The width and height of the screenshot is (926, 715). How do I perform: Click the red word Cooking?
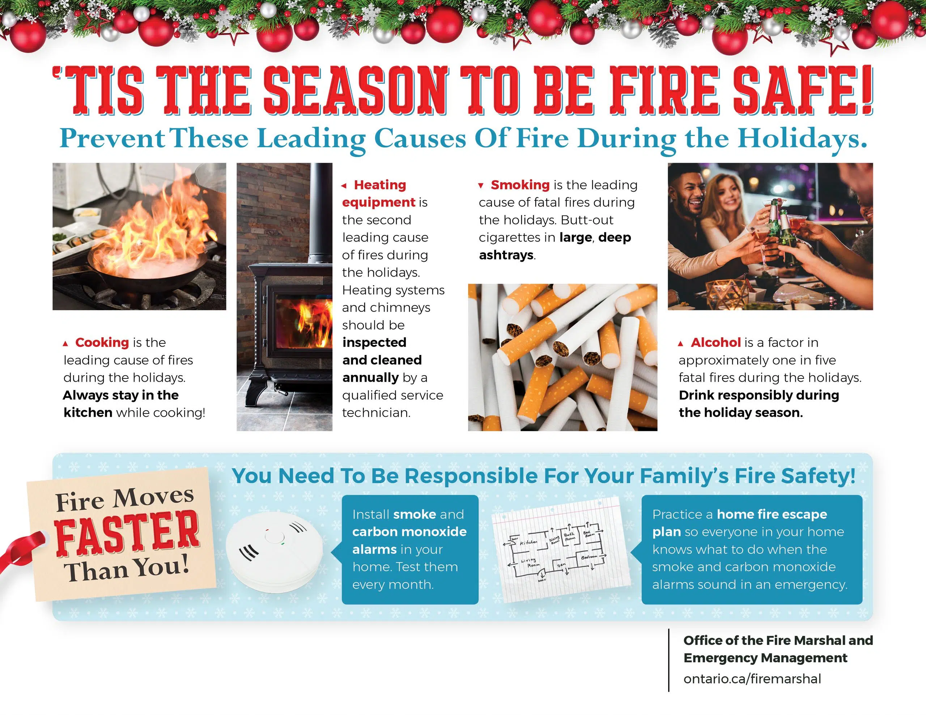pyautogui.click(x=102, y=342)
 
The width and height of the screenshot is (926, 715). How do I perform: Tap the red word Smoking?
pyautogui.click(x=520, y=185)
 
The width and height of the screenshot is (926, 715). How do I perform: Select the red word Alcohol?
pyautogui.click(x=716, y=342)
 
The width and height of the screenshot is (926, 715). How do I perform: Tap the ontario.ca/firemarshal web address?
pyautogui.click(x=752, y=679)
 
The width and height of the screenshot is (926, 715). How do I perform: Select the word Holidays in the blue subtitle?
pyautogui.click(x=801, y=138)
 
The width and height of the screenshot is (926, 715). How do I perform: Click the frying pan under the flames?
pyautogui.click(x=140, y=275)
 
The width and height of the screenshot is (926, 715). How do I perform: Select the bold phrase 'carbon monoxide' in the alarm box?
pyautogui.click(x=409, y=531)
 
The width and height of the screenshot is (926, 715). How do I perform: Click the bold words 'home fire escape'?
pyautogui.click(x=772, y=514)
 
